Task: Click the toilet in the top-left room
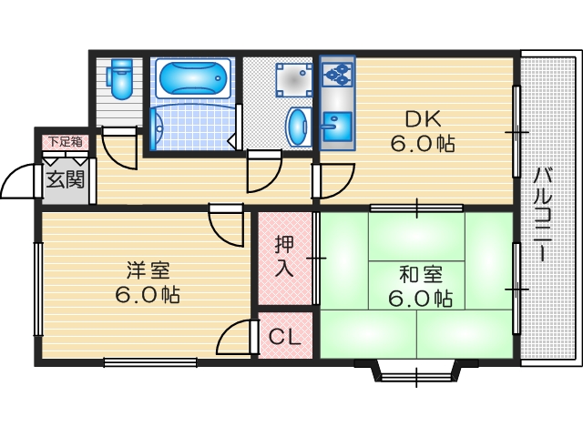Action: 120,79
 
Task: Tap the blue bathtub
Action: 194,78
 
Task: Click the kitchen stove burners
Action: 338,72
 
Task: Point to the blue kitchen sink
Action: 337,126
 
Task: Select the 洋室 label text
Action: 148,270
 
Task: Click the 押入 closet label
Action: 284,257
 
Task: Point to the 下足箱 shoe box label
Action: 66,141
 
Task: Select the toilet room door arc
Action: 118,148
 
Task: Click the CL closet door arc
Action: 234,339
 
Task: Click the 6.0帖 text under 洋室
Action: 148,295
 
